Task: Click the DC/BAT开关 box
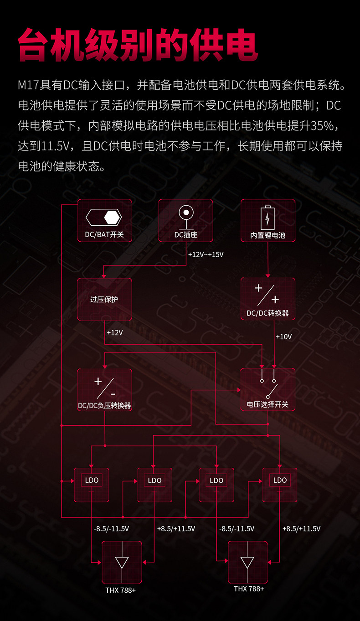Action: coord(104,221)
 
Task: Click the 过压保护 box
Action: coord(104,299)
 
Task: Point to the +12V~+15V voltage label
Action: coord(206,254)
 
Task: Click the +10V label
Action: coord(283,336)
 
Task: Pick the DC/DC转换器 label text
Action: coord(267,313)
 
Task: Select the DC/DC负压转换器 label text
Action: coord(104,405)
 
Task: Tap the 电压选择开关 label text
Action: coord(267,404)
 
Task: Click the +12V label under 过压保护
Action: coord(114,332)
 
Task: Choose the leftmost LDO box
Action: coord(92,484)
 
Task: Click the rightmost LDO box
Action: coord(280,484)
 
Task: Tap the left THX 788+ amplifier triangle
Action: coord(122,562)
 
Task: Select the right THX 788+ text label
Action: coord(249,589)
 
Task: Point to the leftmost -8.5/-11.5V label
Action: coord(111,528)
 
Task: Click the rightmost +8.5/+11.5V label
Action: coord(301,528)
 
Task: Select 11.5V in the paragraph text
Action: coord(56,146)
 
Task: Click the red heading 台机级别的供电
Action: coord(138,45)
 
